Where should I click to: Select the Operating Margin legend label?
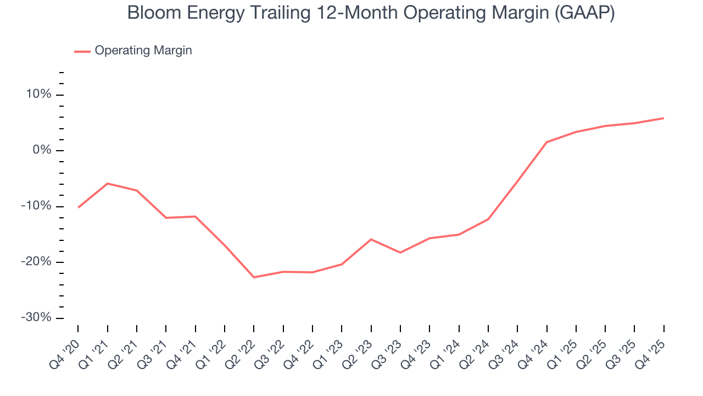[x=143, y=51]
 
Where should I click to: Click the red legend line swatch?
[x=82, y=51]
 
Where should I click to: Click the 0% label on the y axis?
[x=42, y=151]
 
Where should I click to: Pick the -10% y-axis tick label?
[x=36, y=206]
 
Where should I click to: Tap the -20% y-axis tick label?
[x=36, y=262]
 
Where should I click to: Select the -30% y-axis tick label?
[x=36, y=318]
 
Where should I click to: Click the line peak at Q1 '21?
[x=107, y=183]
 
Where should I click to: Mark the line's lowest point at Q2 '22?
[x=254, y=277]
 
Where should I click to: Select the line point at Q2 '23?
[x=371, y=239]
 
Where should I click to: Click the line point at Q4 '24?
[x=547, y=142]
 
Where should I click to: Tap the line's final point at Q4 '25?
[x=663, y=118]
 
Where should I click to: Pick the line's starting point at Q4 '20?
[x=78, y=207]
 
